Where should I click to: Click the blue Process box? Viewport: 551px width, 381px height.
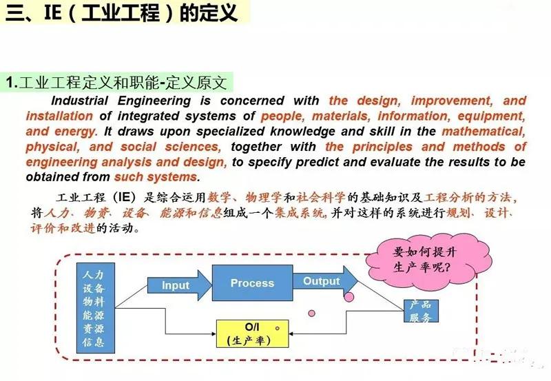click(x=251, y=283)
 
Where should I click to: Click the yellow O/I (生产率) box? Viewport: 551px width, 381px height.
click(x=249, y=333)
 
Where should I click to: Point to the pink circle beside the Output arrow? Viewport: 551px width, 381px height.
click(x=349, y=297)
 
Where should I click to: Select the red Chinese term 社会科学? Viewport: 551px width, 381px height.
click(x=323, y=197)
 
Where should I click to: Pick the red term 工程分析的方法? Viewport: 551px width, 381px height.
click(x=470, y=197)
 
